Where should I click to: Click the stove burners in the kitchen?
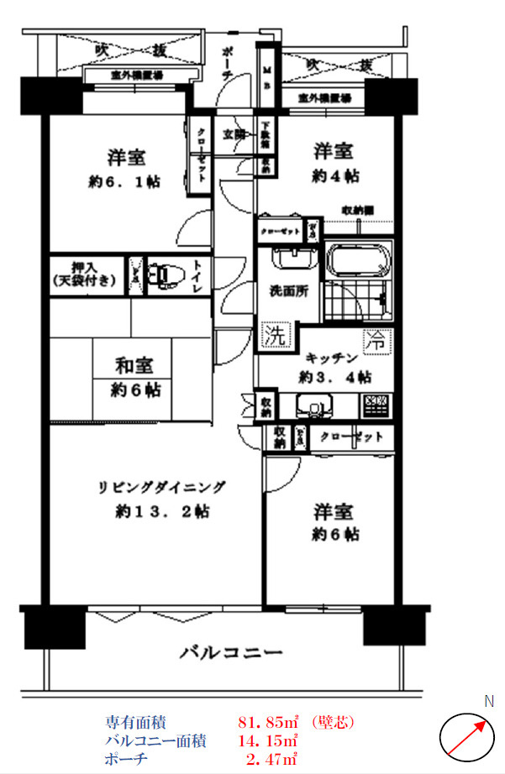[x=376, y=405]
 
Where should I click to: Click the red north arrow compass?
[x=465, y=736]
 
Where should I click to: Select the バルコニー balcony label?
[x=229, y=652]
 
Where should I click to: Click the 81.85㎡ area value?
[x=269, y=721]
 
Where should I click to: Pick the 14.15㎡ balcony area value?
[x=269, y=740]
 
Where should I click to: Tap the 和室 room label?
[x=134, y=366]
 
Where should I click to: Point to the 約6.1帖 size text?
[x=125, y=181]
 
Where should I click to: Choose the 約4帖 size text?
[x=335, y=176]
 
